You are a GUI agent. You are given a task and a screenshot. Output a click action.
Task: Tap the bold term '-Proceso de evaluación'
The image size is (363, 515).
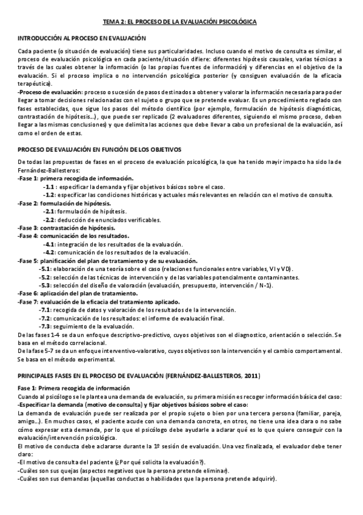tap(43, 90)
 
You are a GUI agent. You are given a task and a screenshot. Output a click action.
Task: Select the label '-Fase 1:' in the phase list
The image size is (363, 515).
tap(28, 180)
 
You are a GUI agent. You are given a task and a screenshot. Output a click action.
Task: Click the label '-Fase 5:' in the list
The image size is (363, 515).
tap(28, 259)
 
